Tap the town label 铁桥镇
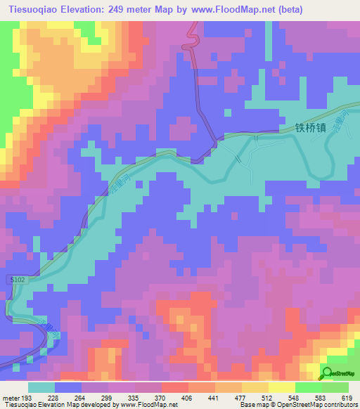pyautogui.click(x=307, y=129)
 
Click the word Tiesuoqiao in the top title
pyautogui.click(x=34, y=9)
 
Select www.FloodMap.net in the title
pyautogui.click(x=233, y=9)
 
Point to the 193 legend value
pyautogui.click(x=28, y=398)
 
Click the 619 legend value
pyautogui.click(x=346, y=398)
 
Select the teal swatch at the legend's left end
pyautogui.click(x=41, y=387)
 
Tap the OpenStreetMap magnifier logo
pyautogui.click(x=327, y=373)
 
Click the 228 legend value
pyautogui.click(x=53, y=398)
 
